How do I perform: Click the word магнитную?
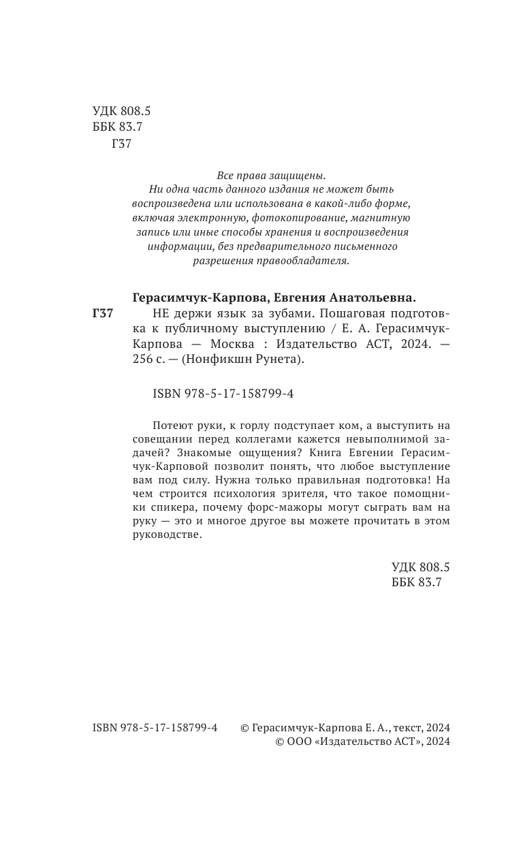point(377,218)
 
